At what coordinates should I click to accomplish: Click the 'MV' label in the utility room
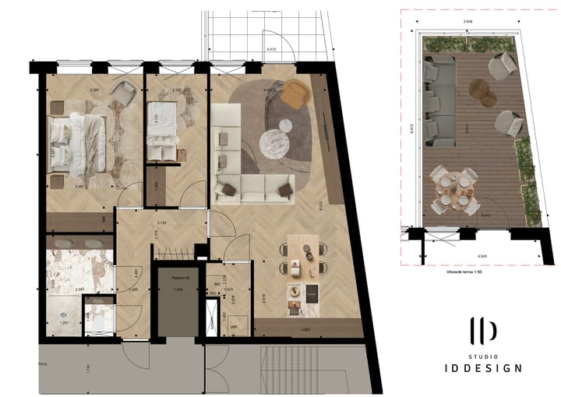[217, 285]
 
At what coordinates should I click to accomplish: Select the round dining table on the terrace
[453, 188]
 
